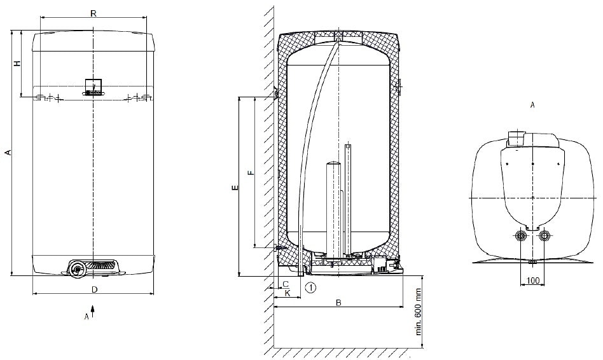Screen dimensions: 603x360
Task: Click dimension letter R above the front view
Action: [x=93, y=13]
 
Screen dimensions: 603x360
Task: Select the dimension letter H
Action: [x=17, y=64]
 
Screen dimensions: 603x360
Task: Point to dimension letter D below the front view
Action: [x=95, y=289]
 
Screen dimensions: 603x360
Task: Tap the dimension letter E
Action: [x=235, y=188]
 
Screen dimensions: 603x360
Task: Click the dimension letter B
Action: [x=338, y=303]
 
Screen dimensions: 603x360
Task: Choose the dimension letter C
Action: [x=286, y=284]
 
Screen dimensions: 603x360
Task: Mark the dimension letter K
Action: [x=288, y=293]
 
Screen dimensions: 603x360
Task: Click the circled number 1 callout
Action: [x=311, y=287]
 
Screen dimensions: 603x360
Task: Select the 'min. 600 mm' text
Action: [x=419, y=312]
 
